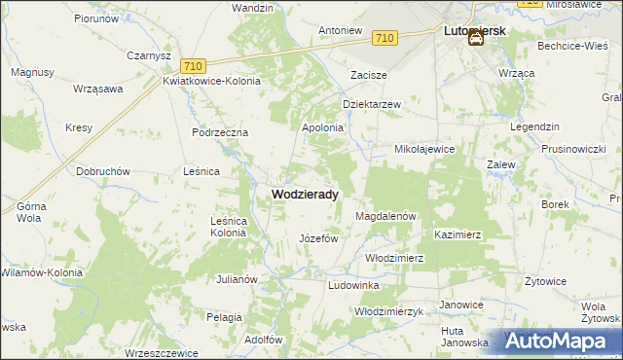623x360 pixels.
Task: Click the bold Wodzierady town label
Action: [304, 195]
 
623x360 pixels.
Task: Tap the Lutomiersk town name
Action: [474, 31]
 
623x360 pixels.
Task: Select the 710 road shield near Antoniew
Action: [385, 38]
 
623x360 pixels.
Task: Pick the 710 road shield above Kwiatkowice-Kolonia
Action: [192, 65]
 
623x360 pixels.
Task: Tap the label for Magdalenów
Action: [386, 216]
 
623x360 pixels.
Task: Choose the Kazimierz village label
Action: [458, 235]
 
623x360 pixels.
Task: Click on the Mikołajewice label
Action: [423, 150]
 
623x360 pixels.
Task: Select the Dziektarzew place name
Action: [372, 104]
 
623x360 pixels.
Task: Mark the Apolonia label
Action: [323, 127]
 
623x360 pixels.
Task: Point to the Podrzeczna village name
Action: [221, 132]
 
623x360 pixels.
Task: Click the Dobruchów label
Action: [103, 171]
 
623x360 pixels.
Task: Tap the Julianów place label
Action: [236, 279]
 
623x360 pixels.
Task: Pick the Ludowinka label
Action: [353, 285]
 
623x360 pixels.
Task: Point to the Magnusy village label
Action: [31, 72]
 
